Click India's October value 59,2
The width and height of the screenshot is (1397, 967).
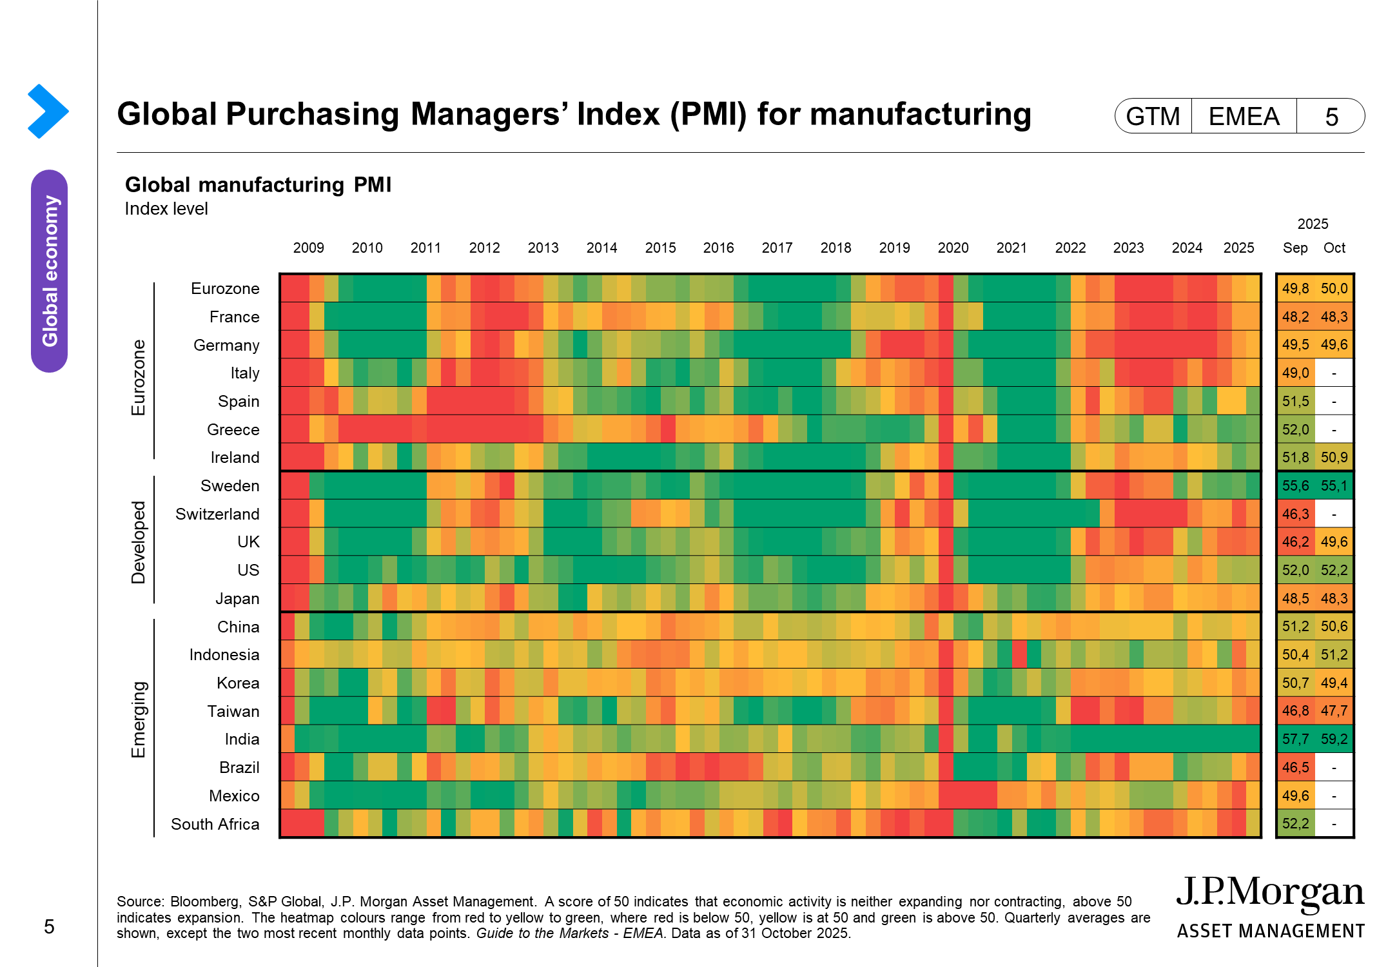[1334, 739]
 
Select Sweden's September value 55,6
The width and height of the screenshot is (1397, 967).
[1295, 485]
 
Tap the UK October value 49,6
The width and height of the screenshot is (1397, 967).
[1334, 542]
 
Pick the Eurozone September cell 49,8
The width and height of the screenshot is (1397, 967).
[1295, 288]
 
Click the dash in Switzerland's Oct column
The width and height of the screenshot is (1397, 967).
[1334, 514]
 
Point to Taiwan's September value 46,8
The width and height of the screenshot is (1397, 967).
[1295, 710]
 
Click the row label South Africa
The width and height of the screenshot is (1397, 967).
[215, 824]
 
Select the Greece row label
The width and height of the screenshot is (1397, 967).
[233, 429]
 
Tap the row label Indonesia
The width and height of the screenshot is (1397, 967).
[224, 654]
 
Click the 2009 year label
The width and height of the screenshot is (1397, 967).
[308, 248]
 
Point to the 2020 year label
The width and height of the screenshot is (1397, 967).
[953, 248]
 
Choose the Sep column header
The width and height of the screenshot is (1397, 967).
[1294, 248]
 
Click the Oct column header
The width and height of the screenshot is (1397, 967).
[1334, 248]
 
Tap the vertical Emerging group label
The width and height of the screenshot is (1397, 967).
[139, 719]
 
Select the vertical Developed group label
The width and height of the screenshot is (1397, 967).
[139, 542]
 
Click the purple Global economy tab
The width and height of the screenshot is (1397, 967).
[50, 271]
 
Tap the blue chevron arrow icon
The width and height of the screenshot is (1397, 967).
[48, 111]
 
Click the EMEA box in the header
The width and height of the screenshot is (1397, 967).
[1243, 116]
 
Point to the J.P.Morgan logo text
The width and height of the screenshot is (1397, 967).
[1270, 893]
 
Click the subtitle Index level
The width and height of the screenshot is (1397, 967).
[166, 209]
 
